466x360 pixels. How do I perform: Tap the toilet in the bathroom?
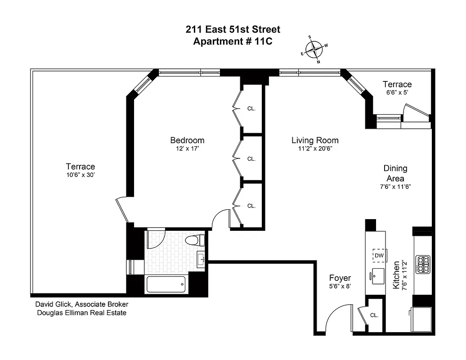coord(197,240)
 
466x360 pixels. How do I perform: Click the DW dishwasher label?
coord(379,256)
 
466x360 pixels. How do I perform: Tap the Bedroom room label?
coord(187,140)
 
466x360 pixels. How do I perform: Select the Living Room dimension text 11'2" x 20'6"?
coord(314,148)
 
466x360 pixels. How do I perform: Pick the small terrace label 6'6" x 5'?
coord(397,92)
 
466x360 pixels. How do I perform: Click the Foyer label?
coord(340,278)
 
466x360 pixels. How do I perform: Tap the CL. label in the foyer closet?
coord(374,315)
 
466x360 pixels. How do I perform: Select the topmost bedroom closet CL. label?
coord(251,108)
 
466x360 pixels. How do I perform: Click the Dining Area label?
coord(395,173)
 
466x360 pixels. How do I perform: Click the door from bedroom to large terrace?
coord(122,210)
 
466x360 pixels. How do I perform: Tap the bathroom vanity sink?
coord(201,259)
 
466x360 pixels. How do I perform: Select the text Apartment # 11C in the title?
coord(233,41)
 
